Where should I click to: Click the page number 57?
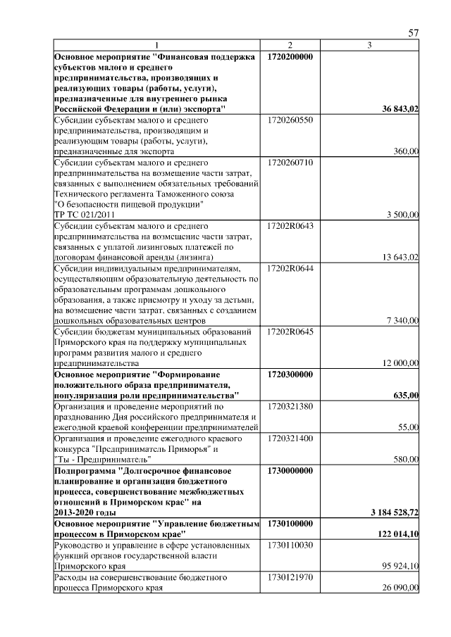(x=414, y=33)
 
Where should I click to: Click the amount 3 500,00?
(x=401, y=215)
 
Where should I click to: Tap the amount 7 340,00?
(x=402, y=321)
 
